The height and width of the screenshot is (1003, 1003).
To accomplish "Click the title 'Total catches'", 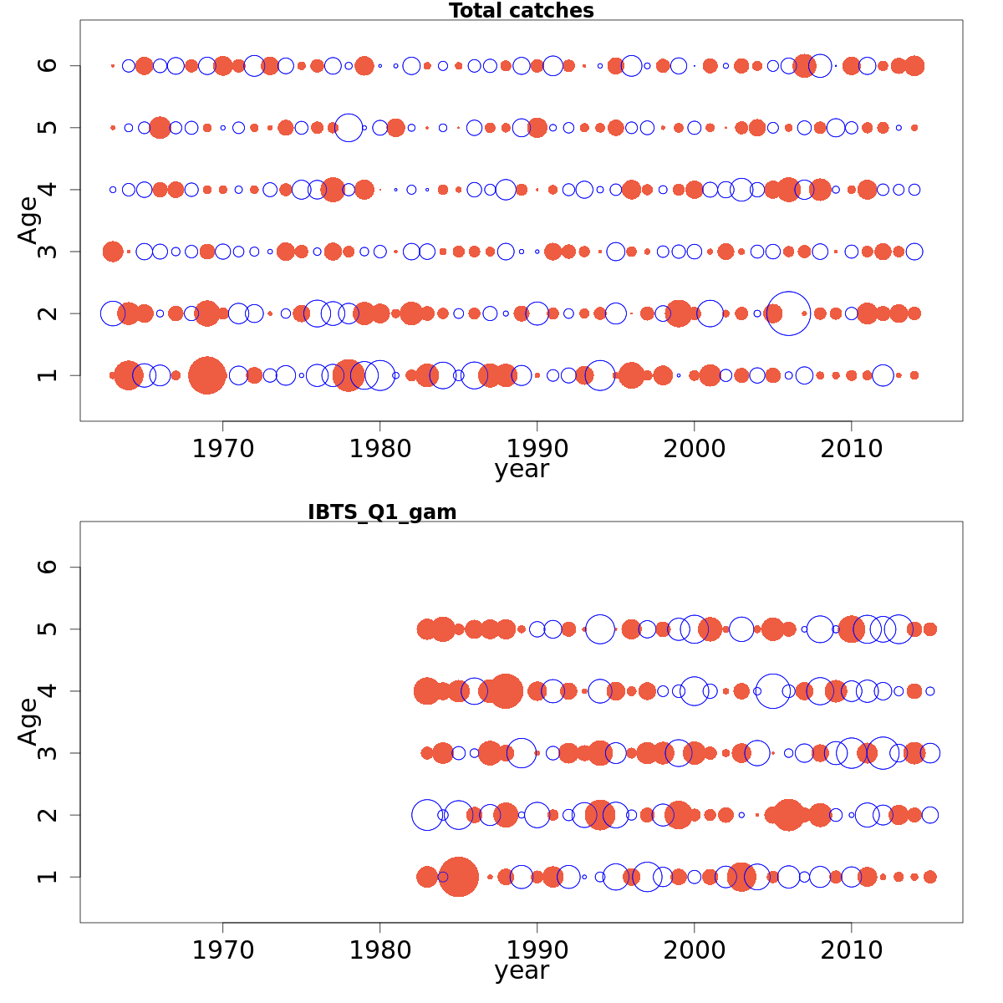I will click(521, 11).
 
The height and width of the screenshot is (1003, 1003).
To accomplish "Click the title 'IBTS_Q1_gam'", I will click(382, 512).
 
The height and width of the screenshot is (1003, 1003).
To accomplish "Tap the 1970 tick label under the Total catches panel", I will click(223, 450).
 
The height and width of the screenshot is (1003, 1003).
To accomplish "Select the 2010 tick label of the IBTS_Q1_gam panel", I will click(851, 951).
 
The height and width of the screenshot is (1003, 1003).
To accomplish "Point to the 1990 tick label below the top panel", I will click(537, 450).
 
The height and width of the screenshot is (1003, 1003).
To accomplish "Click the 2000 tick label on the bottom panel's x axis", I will click(694, 951).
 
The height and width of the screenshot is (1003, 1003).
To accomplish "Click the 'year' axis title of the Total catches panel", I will click(521, 470).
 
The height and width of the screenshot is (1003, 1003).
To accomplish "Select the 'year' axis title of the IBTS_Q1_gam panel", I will click(521, 971).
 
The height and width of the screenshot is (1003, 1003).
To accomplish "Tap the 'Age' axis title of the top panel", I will click(28, 220).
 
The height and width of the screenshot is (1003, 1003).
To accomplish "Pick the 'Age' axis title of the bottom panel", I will click(28, 721).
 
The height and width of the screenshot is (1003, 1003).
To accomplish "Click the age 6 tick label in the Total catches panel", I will click(48, 66).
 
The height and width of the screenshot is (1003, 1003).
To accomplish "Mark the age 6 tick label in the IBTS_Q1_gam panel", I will click(48, 568).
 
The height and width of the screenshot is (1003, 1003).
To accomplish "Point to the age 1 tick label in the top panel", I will click(48, 375).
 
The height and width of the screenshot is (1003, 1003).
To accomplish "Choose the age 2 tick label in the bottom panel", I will click(48, 815).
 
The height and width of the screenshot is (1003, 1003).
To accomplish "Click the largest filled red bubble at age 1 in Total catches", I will click(207, 375).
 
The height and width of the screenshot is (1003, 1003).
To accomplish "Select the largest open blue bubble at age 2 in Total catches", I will click(788, 313).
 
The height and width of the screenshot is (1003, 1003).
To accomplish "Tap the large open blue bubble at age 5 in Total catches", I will click(349, 128).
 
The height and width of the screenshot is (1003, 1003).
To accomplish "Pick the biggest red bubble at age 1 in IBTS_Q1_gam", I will click(458, 877).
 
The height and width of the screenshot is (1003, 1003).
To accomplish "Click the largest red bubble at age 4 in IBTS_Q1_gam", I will click(505, 691).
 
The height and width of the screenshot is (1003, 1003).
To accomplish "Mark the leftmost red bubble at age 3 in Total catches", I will click(113, 252).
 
